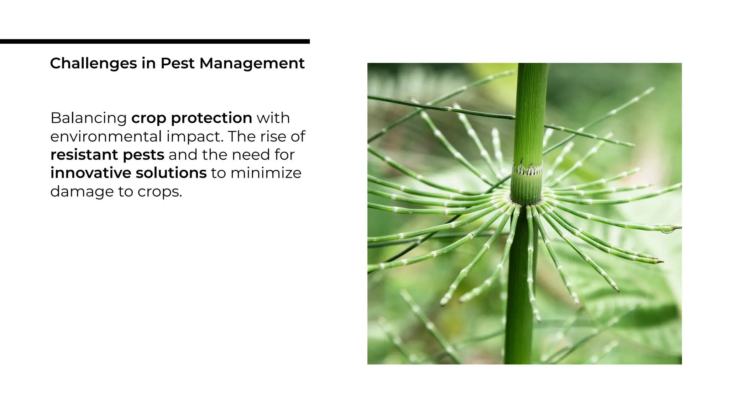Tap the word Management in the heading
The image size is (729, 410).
pyautogui.click(x=252, y=64)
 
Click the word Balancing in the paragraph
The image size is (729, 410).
pyautogui.click(x=89, y=118)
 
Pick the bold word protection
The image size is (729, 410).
pyautogui.click(x=211, y=118)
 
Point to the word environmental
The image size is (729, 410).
pyautogui.click(x=106, y=137)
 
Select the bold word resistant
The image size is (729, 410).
pyautogui.click(x=84, y=155)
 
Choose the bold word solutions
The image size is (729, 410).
pyautogui.click(x=171, y=173)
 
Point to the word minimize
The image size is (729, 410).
pyautogui.click(x=266, y=173)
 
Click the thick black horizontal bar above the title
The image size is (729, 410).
pyautogui.click(x=155, y=42)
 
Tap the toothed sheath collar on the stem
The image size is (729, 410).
pyautogui.click(x=527, y=169)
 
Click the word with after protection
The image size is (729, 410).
pyautogui.click(x=273, y=118)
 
